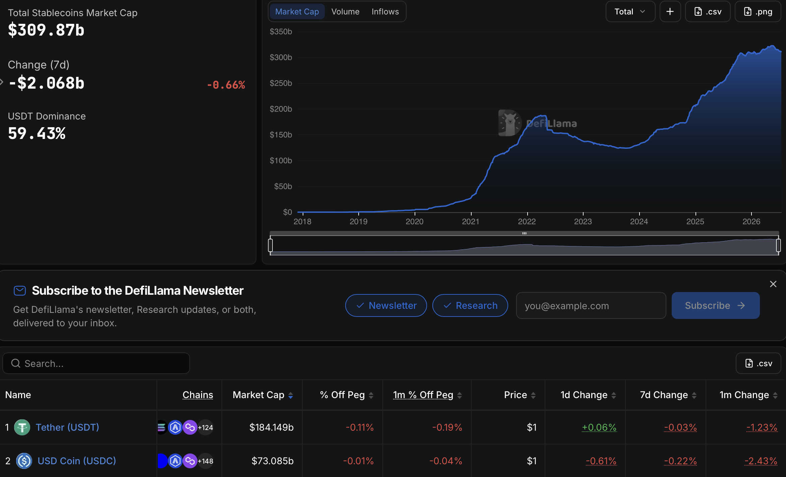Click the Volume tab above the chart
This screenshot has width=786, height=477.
(x=345, y=12)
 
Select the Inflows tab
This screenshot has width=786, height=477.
(x=385, y=12)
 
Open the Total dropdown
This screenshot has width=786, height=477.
(x=630, y=12)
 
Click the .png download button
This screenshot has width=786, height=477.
(x=758, y=12)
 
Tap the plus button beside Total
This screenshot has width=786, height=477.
(x=670, y=12)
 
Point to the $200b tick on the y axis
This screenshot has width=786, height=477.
(x=281, y=109)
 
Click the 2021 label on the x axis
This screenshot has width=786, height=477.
(x=471, y=222)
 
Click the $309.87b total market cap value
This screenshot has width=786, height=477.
(x=46, y=30)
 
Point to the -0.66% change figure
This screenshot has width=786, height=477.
(x=226, y=85)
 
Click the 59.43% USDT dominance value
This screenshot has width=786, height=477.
(x=37, y=134)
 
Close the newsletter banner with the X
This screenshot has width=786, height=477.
(x=773, y=284)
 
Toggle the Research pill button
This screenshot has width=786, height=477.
(x=470, y=305)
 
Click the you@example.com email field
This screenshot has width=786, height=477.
(x=591, y=305)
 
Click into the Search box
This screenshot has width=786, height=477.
(x=96, y=363)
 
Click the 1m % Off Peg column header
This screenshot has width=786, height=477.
(x=423, y=395)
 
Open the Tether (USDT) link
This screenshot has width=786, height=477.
(x=67, y=427)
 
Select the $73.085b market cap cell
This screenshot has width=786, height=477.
(x=273, y=461)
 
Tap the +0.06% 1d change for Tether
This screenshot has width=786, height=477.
(x=599, y=427)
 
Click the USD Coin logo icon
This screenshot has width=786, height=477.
(x=24, y=461)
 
